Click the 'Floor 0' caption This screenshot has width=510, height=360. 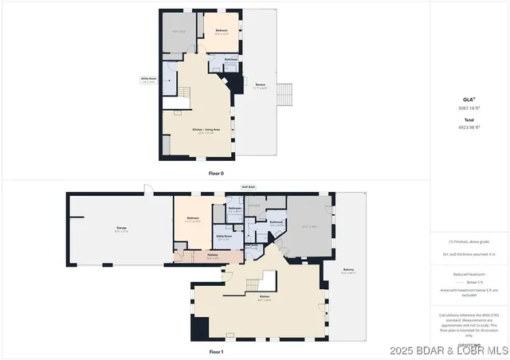pyautogui.click(x=216, y=172)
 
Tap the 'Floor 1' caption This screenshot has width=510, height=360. pyautogui.click(x=216, y=351)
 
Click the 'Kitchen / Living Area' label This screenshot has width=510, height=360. pyautogui.click(x=206, y=130)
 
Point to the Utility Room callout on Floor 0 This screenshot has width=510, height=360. pyautogui.click(x=148, y=79)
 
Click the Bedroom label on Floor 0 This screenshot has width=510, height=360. pyautogui.click(x=222, y=31)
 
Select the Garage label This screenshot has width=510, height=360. pyautogui.click(x=122, y=229)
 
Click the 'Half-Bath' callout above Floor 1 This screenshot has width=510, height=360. pyautogui.click(x=249, y=188)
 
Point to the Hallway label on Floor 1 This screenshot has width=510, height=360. pyautogui.click(x=213, y=256)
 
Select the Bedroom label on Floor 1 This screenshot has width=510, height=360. pyautogui.click(x=193, y=218)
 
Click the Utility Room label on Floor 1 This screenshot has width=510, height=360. pyautogui.click(x=223, y=237)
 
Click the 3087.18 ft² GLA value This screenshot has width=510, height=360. pyautogui.click(x=468, y=108)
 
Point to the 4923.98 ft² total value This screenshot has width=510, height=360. pyautogui.click(x=468, y=127)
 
